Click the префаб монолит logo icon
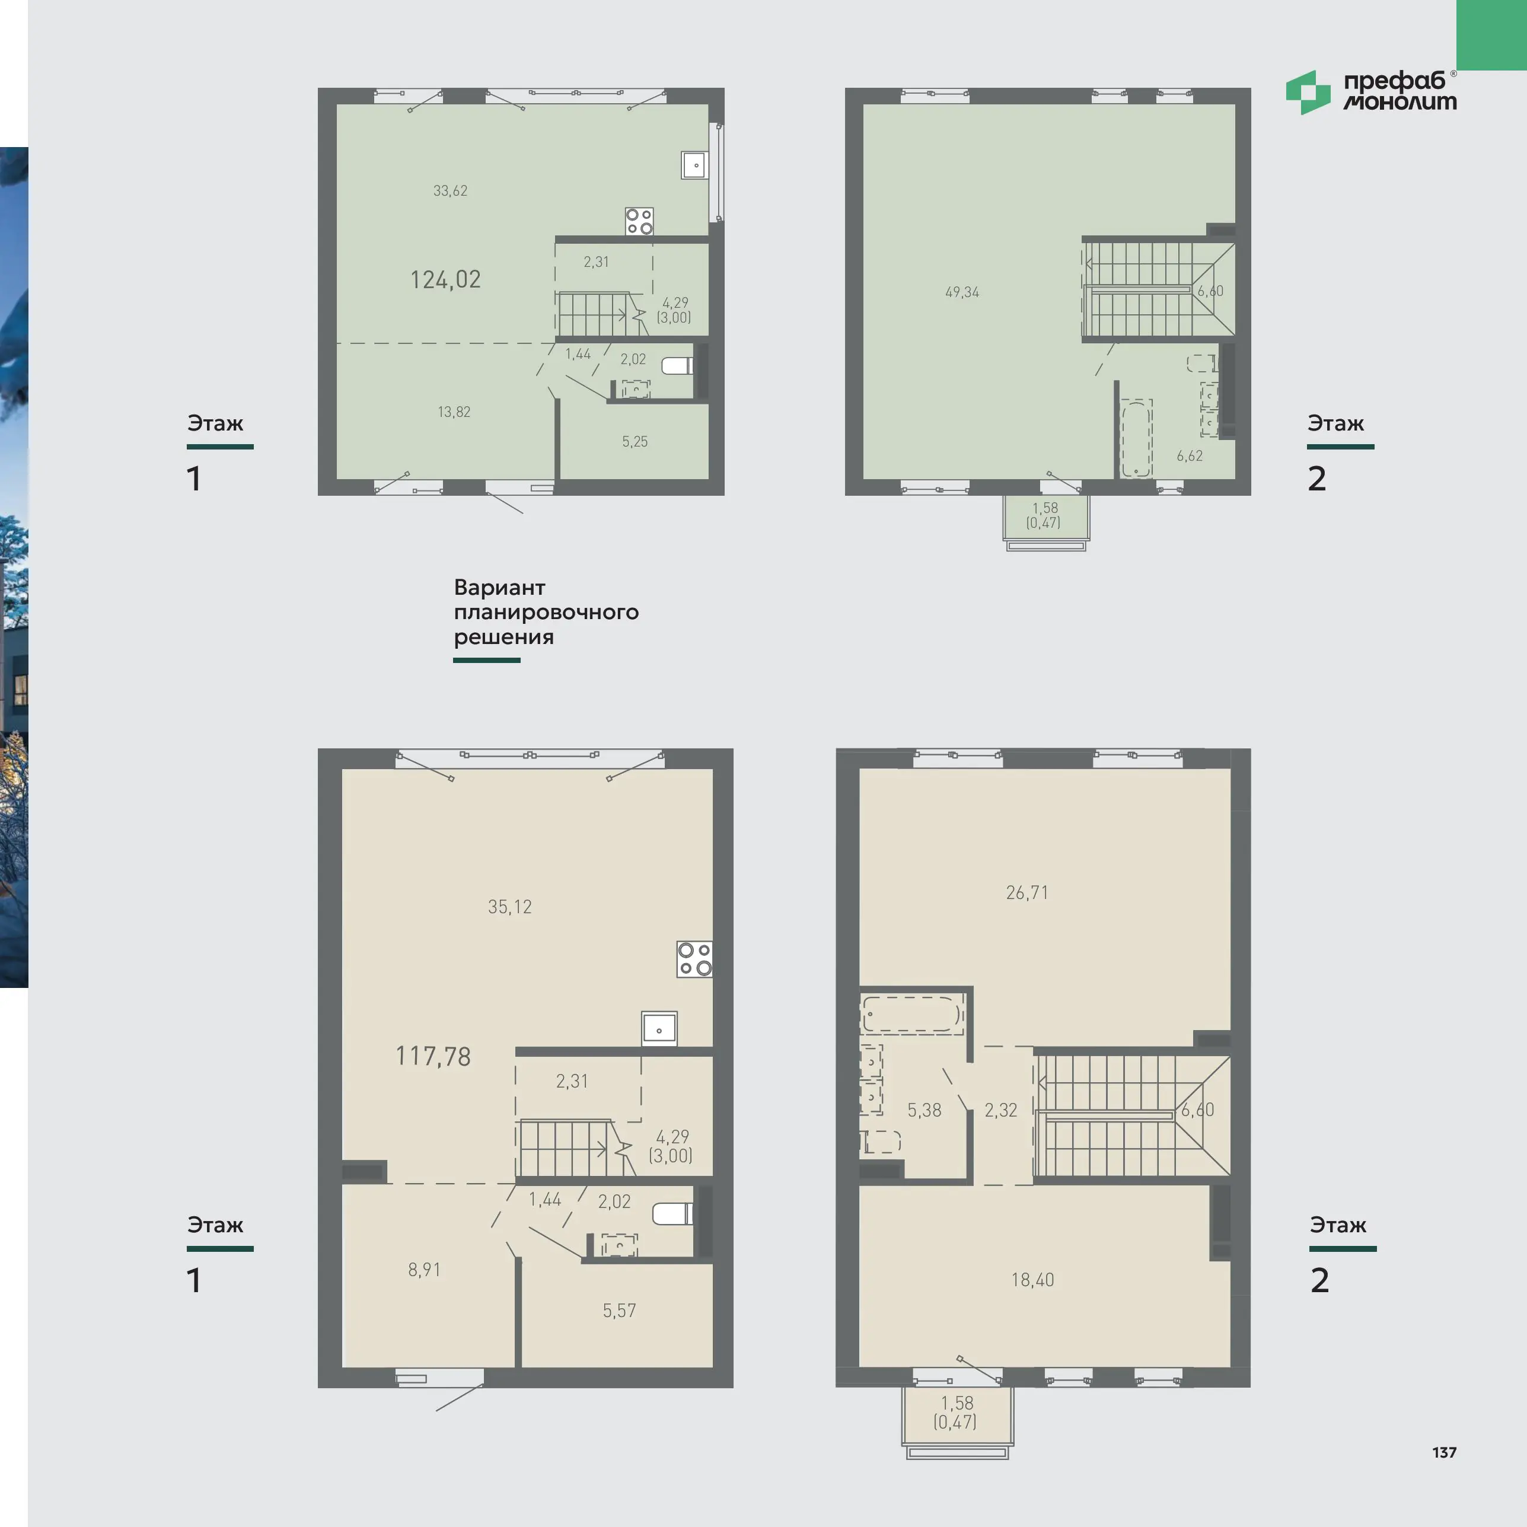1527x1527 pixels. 1308,93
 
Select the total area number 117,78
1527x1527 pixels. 433,1056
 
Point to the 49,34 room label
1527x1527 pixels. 962,292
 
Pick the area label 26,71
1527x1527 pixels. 1026,892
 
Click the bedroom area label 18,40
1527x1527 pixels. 1032,1280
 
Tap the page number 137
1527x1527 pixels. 1444,1452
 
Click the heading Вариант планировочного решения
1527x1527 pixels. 546,612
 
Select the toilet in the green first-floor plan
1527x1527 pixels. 677,365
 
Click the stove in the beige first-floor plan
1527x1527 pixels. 695,959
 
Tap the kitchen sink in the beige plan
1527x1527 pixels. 659,1029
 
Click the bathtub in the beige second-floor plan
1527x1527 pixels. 912,1014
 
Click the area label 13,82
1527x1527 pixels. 454,412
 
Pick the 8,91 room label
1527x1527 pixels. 425,1270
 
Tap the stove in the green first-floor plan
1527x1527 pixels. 639,221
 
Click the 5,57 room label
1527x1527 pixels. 619,1311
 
